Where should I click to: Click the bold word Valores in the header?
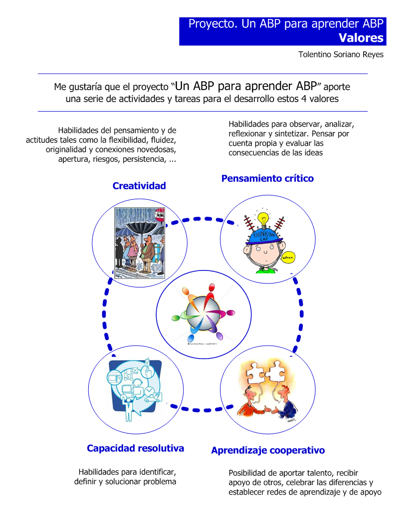[x=361, y=38]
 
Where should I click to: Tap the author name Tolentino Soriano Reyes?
[x=341, y=55]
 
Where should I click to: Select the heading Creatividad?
[x=139, y=186]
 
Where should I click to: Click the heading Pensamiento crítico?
[x=267, y=178]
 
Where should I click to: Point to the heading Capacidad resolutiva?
[x=135, y=448]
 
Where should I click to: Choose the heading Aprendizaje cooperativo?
[x=268, y=450]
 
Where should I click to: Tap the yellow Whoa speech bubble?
[x=288, y=257]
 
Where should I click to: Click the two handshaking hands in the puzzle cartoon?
[x=268, y=409]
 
